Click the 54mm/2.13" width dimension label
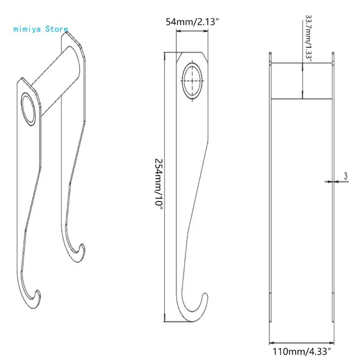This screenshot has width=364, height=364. pos(192,22)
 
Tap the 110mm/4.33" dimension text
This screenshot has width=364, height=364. pos(302,352)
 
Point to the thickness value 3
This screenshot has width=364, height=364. pos(346,175)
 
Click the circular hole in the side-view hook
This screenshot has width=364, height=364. pos(192,80)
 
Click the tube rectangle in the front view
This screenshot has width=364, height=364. pos(302,81)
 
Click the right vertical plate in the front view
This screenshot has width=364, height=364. pos(333,205)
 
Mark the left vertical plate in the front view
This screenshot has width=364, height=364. pos(270,205)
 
